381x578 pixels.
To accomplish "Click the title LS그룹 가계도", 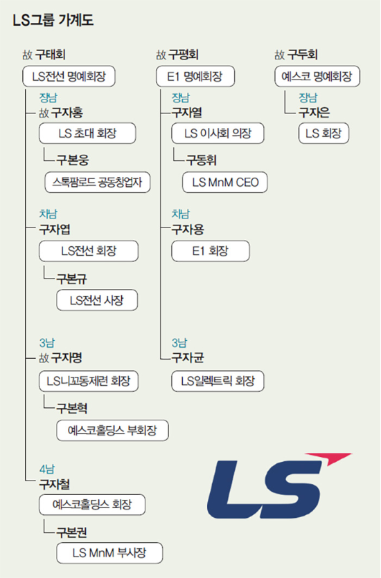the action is point(53,20).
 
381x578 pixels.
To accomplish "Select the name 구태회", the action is point(50,55).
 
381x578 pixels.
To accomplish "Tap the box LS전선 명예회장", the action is point(69,76).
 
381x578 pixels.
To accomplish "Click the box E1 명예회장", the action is point(195,76).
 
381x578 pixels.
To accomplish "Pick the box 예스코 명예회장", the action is point(317,76).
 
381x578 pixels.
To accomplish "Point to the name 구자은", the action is point(314,113).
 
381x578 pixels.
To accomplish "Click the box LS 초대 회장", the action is point(87,133).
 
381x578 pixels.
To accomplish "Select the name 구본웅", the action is point(72,160).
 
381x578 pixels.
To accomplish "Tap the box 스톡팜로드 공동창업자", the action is point(98,182).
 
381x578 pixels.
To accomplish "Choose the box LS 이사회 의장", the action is point(218,133).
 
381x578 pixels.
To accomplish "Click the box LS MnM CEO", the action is point(225,182).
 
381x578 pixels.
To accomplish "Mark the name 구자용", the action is point(188,230).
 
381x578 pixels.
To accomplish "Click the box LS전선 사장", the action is point(97,300).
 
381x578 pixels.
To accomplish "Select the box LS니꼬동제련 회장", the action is point(89,381).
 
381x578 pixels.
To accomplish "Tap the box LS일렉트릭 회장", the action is point(218,381).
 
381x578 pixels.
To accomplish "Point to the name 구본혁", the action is point(72,408).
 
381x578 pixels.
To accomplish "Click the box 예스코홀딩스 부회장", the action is point(113,430).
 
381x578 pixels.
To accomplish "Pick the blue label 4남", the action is point(47,469).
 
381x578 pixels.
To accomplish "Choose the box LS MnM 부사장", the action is point(109,553).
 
